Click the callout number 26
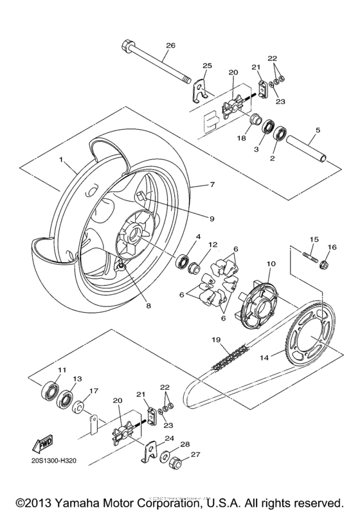(170, 45)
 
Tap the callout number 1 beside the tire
(62, 158)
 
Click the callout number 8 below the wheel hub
(148, 306)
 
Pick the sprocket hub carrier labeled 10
(253, 296)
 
